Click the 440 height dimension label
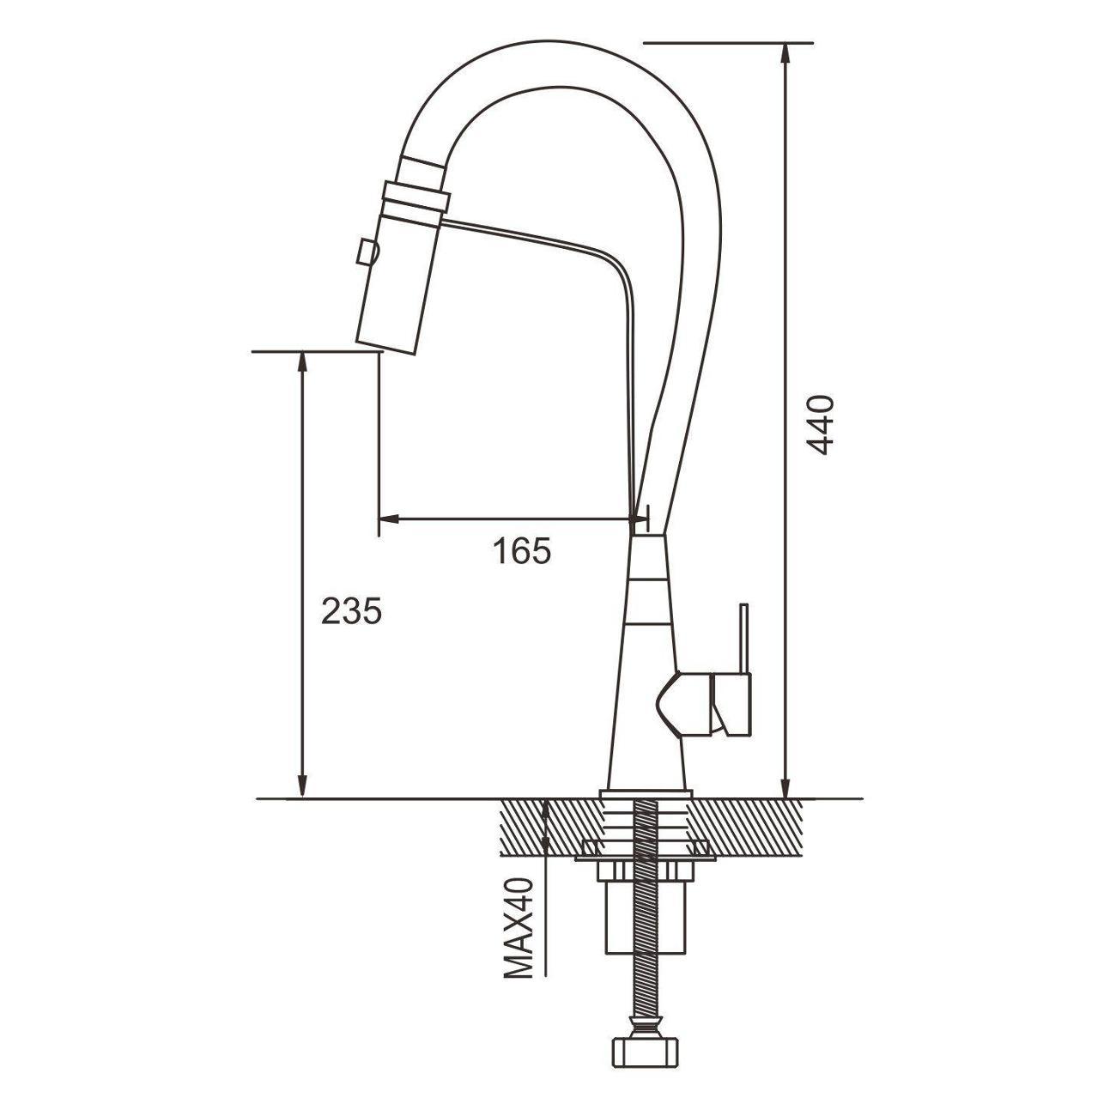pos(820,426)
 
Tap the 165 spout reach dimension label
pos(522,551)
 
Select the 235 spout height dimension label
pos(351,611)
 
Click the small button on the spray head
pos(366,253)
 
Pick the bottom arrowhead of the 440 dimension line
pos(785,787)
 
